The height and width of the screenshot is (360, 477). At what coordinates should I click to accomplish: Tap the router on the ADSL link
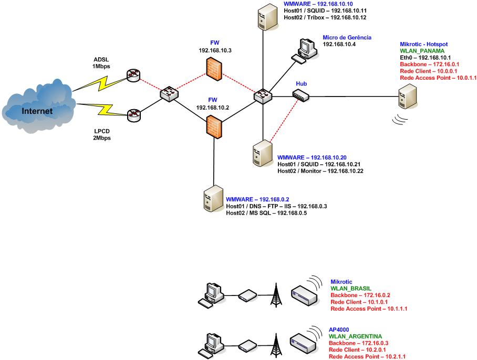pyautogui.click(x=133, y=76)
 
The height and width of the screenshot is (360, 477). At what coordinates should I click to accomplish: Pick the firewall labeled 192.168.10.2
pyautogui.click(x=213, y=126)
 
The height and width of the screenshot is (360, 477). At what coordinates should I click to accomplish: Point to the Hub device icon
pyautogui.click(x=301, y=96)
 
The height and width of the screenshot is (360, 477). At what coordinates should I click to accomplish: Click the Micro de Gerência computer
pyautogui.click(x=305, y=50)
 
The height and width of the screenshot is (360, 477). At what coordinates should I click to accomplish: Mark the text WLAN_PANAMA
pyautogui.click(x=422, y=51)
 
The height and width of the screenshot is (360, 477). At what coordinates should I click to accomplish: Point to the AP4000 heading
pyautogui.click(x=338, y=330)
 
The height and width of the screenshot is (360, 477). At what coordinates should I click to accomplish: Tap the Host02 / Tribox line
pyautogui.click(x=325, y=17)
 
